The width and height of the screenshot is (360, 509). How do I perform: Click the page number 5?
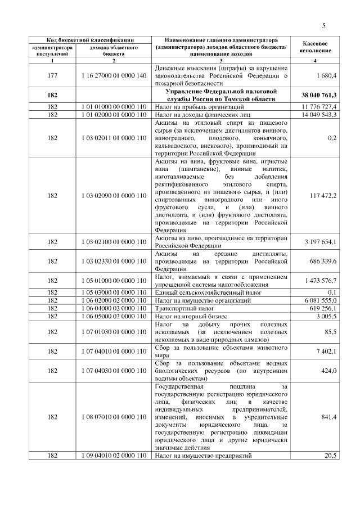(x=324, y=25)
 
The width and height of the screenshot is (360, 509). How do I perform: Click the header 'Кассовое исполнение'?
(x=316, y=47)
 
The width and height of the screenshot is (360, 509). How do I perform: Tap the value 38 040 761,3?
(x=316, y=95)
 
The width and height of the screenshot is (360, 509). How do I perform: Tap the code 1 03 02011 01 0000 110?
(x=114, y=137)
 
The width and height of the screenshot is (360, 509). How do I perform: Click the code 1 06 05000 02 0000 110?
(x=114, y=316)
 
